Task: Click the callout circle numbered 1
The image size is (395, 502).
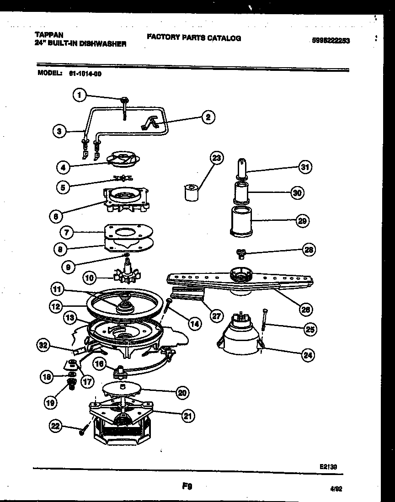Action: point(80,95)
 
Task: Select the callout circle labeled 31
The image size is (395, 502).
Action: point(305,167)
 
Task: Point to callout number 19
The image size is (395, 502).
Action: point(51,402)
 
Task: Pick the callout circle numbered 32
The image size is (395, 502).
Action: point(44,346)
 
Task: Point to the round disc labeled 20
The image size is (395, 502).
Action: point(121,390)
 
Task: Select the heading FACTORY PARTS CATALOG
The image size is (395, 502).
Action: point(194,38)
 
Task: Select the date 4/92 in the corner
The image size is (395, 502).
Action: point(336,489)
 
